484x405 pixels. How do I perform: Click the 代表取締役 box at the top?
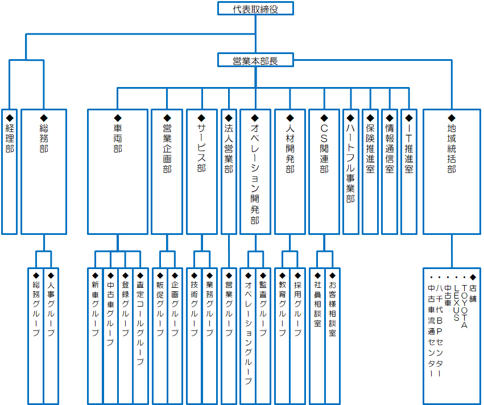pos(255,8)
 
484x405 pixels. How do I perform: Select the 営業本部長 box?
pos(255,60)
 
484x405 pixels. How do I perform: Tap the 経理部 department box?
pos(9,171)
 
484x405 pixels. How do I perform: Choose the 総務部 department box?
pos(44,171)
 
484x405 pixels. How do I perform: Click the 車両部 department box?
pos(118,171)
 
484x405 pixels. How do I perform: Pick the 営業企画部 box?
pos(167,171)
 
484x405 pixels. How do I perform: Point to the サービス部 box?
pos(202,171)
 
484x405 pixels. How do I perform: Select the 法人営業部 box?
pos(229,171)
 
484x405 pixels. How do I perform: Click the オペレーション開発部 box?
pos(255,171)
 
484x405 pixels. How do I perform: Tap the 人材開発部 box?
pos(290,171)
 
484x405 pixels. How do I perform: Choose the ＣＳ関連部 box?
pos(324,171)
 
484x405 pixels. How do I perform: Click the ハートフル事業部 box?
pos(351,171)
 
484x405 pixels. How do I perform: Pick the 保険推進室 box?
pos(370,171)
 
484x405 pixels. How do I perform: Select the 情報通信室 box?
pos(390,171)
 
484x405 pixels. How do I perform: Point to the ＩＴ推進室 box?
pos(409,171)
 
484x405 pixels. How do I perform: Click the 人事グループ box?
pos(51,336)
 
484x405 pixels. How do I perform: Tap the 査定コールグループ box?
pos(140,336)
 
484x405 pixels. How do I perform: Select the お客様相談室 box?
pos(332,336)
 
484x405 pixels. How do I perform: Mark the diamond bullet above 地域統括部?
pos(452,118)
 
